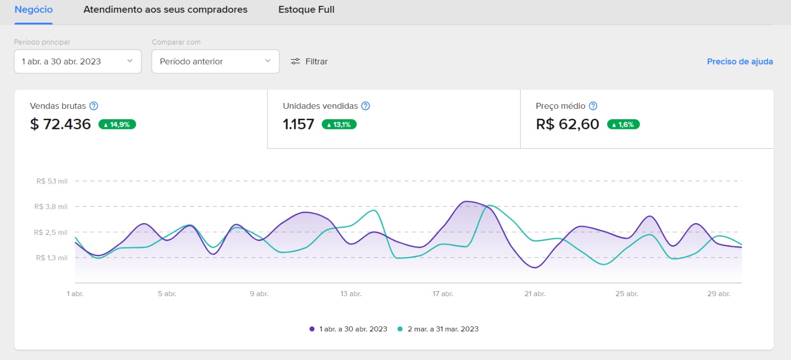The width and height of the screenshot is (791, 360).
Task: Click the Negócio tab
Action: [x=34, y=9]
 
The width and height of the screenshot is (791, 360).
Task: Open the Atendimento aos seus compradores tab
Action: [x=165, y=9]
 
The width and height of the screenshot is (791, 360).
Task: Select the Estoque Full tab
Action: [x=306, y=9]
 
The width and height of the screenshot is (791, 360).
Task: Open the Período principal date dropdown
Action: [x=78, y=61]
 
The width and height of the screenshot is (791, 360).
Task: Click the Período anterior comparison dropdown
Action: [x=216, y=61]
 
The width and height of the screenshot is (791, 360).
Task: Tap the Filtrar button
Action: [x=309, y=61]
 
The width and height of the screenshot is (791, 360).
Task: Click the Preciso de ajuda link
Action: [x=740, y=61]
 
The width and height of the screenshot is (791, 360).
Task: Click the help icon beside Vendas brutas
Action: [x=93, y=106]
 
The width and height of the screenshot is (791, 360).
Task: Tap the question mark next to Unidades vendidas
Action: [x=365, y=106]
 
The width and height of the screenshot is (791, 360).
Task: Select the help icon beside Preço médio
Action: [x=593, y=106]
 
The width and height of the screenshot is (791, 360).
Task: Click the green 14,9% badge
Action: [x=117, y=124]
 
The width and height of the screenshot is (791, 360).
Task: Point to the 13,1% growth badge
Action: [x=339, y=124]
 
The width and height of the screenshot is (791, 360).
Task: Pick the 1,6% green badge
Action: [x=623, y=124]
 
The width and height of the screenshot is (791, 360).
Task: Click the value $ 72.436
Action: [x=60, y=124]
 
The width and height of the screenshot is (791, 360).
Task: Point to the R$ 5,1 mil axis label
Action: [x=52, y=181]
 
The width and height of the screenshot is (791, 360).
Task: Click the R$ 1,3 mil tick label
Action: [x=51, y=258]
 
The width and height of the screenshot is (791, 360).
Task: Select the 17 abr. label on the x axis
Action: [x=443, y=294]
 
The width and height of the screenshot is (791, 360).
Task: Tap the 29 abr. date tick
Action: [x=719, y=294]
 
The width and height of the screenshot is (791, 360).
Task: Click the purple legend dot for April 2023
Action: [x=312, y=329]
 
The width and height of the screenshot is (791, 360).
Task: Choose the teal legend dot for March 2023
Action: [x=400, y=329]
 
